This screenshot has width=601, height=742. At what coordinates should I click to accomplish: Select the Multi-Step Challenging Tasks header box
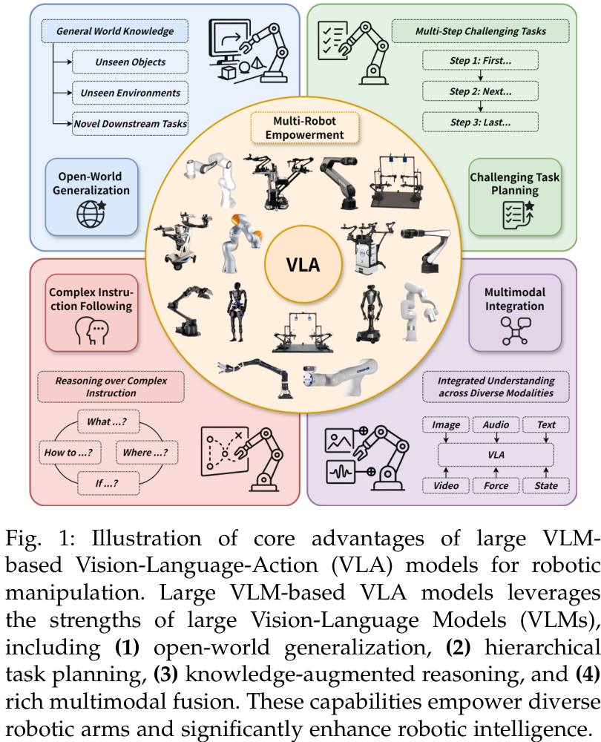pyautogui.click(x=480, y=32)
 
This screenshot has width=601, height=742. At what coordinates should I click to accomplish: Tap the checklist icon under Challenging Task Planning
pyautogui.click(x=516, y=215)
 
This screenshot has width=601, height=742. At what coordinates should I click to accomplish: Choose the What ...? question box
pyautogui.click(x=107, y=421)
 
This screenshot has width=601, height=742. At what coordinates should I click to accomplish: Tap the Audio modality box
pyautogui.click(x=496, y=425)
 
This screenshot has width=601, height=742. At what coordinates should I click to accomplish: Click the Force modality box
pyautogui.click(x=496, y=486)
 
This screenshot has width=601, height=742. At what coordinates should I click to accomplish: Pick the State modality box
pyautogui.click(x=545, y=486)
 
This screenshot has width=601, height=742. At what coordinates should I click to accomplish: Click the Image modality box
pyautogui.click(x=446, y=425)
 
